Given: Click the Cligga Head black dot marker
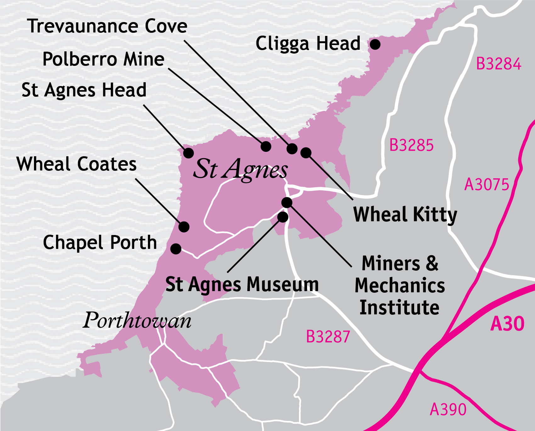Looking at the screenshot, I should click(x=375, y=44).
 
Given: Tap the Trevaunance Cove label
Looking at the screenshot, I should click(x=107, y=26).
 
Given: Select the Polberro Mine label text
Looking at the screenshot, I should click(x=103, y=59).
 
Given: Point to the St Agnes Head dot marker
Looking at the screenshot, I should click(x=189, y=153).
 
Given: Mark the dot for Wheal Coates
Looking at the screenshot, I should click(x=184, y=227).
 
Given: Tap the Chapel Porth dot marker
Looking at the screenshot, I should click(x=176, y=249).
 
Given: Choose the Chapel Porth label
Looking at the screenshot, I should click(x=100, y=242).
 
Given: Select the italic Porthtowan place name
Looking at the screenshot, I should click(x=137, y=320).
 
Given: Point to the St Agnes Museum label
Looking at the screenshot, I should click(x=242, y=284).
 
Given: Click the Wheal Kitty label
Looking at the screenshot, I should click(x=405, y=215).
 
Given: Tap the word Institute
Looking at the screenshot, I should click(x=399, y=307).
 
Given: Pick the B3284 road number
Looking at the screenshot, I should click(x=498, y=64).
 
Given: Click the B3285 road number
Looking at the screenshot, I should click(x=411, y=145).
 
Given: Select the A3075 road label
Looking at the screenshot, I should click(x=487, y=184).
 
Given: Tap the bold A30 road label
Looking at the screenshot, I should click(x=507, y=324).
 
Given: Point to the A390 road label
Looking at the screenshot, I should click(x=448, y=409).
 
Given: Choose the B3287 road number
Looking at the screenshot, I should click(x=328, y=336).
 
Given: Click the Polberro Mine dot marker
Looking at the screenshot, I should click(x=266, y=146).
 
